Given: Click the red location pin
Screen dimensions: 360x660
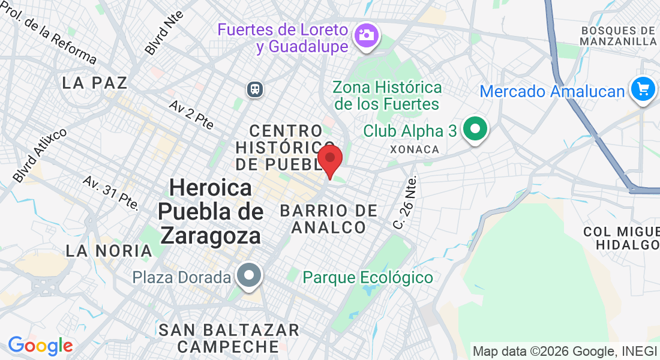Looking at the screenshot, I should [329, 159].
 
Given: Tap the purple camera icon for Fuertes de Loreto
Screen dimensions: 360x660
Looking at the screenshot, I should [365, 34].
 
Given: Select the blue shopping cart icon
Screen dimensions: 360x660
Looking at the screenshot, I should [643, 89].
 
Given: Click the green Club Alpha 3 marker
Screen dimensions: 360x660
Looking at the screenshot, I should [476, 129].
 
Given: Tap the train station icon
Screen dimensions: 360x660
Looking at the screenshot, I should [256, 89].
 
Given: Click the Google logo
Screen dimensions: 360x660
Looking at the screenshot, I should [40, 346].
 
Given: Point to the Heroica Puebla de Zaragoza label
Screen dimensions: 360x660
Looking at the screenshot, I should [211, 212].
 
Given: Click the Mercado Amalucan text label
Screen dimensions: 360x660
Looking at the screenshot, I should [553, 92].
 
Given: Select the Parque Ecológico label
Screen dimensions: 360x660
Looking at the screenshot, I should [368, 278].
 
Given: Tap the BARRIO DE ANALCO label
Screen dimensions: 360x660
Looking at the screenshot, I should [329, 219].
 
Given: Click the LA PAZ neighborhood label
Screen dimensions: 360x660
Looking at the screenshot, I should [95, 83].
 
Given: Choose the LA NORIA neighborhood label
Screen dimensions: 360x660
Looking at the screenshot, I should [109, 250].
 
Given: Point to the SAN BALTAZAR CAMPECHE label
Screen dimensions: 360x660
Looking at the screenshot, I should [229, 338].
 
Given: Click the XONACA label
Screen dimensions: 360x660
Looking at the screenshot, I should [415, 149].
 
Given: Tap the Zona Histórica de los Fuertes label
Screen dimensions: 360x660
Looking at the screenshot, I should [388, 95].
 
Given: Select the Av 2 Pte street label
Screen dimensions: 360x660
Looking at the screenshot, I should [191, 114].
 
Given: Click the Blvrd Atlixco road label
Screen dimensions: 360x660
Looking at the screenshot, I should [40, 155].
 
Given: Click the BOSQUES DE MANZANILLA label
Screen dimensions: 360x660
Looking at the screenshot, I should [619, 36].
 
